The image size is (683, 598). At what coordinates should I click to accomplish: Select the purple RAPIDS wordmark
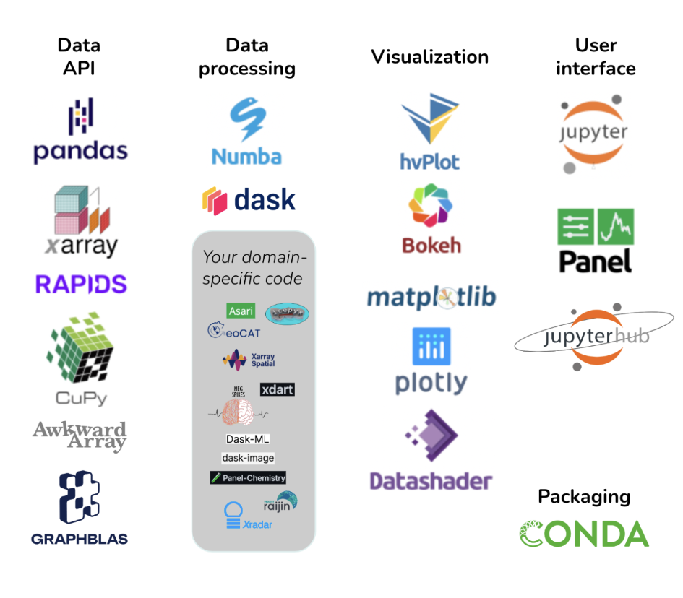pos(81,284)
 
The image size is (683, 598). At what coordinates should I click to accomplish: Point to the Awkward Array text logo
pos(80,435)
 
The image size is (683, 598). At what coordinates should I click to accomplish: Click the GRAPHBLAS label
pos(80,538)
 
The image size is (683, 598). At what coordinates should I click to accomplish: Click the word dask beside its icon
pos(265,199)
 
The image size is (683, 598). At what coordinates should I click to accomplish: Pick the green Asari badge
pos(241,311)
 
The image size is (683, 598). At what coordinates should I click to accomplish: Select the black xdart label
pos(277,389)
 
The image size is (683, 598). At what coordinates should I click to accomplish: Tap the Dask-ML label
pos(248,438)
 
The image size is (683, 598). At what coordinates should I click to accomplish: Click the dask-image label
pos(248,458)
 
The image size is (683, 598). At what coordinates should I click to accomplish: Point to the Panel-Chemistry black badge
pos(248,477)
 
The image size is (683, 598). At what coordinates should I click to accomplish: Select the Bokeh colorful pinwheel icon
pos(431,209)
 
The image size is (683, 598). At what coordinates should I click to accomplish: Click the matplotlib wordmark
pos(431,297)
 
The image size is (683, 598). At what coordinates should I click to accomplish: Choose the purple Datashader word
pos(431,481)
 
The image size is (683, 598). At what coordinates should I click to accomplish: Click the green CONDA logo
pos(584,534)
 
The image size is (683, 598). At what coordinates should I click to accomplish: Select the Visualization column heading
pos(430,57)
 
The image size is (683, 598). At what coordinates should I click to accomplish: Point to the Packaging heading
pos(584,497)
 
